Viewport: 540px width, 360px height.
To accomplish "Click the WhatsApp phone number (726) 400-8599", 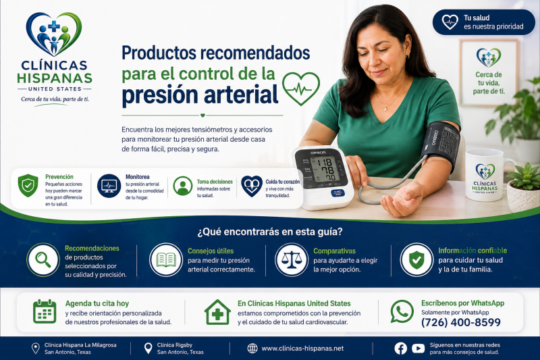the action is pos(461,322).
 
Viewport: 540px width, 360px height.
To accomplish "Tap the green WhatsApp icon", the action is pos(402,311).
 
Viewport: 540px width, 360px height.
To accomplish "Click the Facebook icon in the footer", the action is pos(400,349).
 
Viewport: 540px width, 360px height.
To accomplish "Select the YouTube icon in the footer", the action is pos(418,349).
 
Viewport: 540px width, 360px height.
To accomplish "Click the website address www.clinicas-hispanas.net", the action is pos(302,349).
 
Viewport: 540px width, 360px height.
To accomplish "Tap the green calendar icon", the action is pos(45,311).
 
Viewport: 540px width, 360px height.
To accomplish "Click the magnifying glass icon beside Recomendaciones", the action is pos(43,260).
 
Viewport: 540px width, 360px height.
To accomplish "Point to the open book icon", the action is pos(166,260).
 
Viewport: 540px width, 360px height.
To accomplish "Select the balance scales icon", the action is pos(292,260).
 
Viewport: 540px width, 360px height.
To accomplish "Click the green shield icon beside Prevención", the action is pos(28,185).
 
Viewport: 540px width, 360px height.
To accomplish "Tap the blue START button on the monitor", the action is pos(337,193).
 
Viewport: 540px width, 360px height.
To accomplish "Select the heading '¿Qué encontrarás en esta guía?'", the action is pos(270,232).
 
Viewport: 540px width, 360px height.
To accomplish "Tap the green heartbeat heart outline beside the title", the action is pos(301,88).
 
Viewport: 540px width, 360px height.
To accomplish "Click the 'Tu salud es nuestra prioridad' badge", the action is pos(483,22).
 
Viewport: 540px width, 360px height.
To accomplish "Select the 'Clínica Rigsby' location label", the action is pos(175,345).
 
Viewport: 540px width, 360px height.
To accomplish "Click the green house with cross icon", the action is pos(217,312).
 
